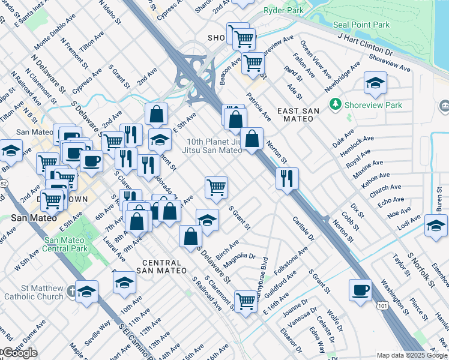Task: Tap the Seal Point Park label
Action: [x=361, y=25]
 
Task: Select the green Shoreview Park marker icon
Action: [x=335, y=105]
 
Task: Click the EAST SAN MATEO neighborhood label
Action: [x=295, y=114]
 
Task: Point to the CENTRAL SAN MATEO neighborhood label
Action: [x=159, y=267]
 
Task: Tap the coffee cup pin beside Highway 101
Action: [x=360, y=290]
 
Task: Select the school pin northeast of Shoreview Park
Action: [x=375, y=83]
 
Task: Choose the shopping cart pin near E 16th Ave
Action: [x=246, y=299]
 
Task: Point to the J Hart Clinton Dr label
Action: [x=365, y=46]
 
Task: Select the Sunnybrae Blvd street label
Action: [x=264, y=276]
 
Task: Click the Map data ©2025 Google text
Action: [x=412, y=355]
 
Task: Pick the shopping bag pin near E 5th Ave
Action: [x=156, y=114]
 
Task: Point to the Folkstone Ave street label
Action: [x=295, y=264]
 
